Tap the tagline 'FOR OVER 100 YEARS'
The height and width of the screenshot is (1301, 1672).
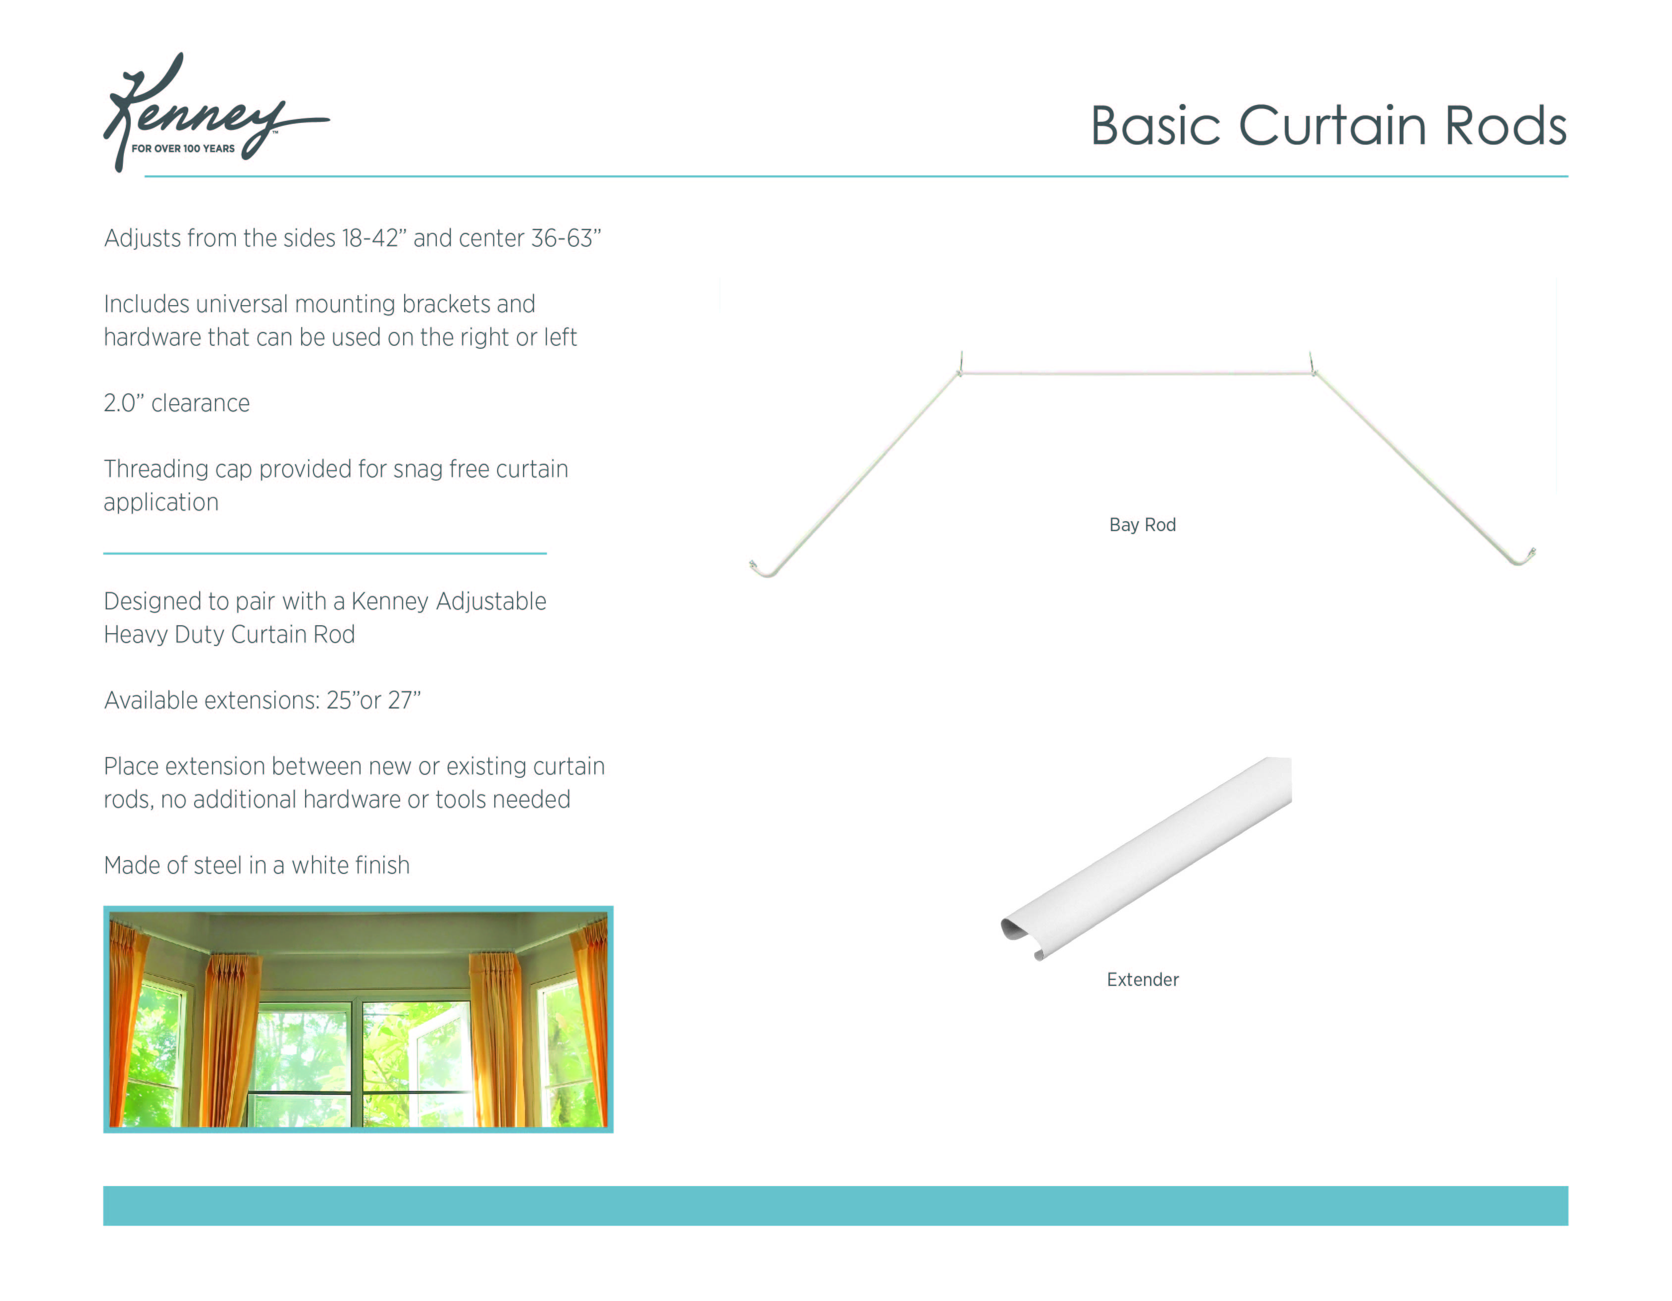(183, 149)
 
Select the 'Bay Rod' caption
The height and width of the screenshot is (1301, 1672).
(1142, 525)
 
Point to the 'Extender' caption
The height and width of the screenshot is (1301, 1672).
(1142, 979)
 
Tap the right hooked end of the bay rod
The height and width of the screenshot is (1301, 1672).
(1524, 557)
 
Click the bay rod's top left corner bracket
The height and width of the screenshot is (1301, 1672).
(961, 366)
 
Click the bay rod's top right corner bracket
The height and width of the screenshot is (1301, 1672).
(1312, 365)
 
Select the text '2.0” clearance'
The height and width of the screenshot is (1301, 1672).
(177, 403)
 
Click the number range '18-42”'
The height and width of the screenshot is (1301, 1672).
(370, 238)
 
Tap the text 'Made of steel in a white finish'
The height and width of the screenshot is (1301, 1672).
(257, 866)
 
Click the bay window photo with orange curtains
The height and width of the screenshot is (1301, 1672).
(358, 1019)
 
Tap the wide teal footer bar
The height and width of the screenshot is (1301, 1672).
(835, 1205)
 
